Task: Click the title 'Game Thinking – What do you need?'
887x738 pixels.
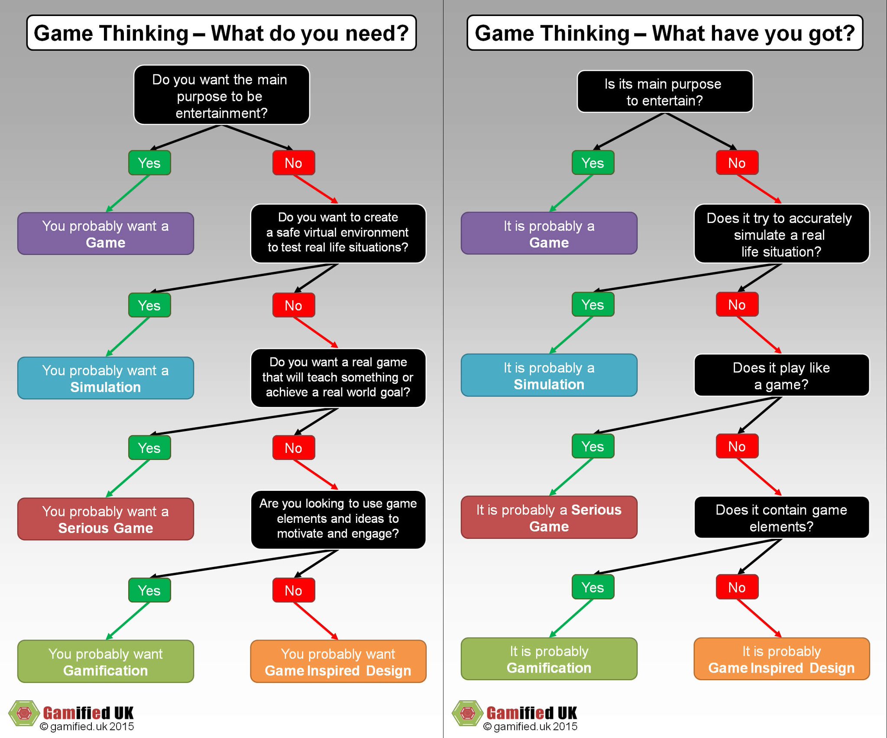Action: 221,33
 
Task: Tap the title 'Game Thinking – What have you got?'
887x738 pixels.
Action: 665,33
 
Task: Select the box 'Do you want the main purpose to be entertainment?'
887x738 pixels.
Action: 221,96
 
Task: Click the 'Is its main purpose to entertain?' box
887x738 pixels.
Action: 665,92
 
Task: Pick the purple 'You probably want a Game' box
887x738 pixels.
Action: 106,234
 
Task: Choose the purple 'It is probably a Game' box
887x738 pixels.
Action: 549,234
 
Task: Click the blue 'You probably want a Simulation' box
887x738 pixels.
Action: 106,378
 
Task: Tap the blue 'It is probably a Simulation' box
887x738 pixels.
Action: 549,375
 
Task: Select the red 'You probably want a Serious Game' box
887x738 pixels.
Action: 106,519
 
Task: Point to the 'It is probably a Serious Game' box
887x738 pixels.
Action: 549,517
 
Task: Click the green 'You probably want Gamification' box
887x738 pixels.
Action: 106,661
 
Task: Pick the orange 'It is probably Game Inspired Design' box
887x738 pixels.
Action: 781,659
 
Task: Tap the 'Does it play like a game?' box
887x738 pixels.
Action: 781,375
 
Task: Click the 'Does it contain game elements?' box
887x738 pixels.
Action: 781,517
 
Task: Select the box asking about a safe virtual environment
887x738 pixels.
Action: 338,233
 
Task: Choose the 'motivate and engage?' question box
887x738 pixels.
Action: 338,519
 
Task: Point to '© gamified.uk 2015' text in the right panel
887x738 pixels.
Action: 530,727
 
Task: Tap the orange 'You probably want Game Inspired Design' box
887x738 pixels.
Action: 338,661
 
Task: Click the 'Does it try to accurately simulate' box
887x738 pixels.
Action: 781,234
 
